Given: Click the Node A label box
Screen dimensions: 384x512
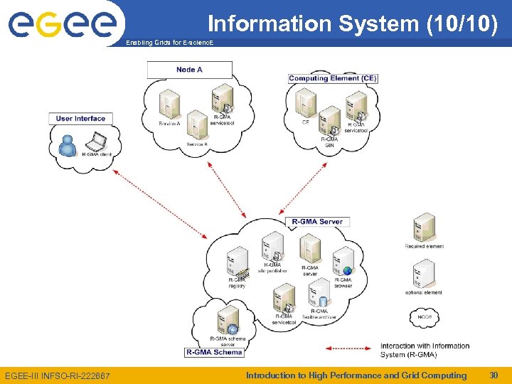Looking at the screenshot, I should pos(190,70).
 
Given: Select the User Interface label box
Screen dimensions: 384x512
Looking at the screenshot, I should pos(80,118).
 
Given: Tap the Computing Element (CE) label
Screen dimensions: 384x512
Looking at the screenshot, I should pos(333,78).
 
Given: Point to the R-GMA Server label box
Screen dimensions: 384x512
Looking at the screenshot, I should pos(317,222).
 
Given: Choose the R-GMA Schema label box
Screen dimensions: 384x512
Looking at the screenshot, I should pos(214,352).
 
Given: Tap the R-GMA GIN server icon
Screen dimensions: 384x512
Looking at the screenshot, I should pos(329,121).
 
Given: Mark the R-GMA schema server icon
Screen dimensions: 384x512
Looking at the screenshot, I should pos(228,321).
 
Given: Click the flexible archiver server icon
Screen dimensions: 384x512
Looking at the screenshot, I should pos(319,293).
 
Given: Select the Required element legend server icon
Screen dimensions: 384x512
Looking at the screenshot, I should pos(425,228).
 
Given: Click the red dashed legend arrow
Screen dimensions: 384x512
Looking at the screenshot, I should pos(348,349).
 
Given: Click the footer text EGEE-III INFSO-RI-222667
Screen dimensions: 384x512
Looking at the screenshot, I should pos(57,375).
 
